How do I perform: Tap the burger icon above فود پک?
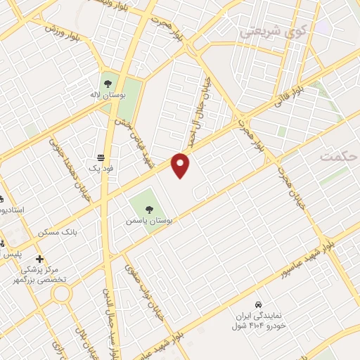click(x=102, y=157)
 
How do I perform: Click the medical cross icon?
click(x=40, y=259)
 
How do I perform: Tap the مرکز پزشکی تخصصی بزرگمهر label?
click(x=43, y=274)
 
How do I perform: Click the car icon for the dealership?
click(x=259, y=304)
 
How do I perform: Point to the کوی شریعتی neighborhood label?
click(x=274, y=31)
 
